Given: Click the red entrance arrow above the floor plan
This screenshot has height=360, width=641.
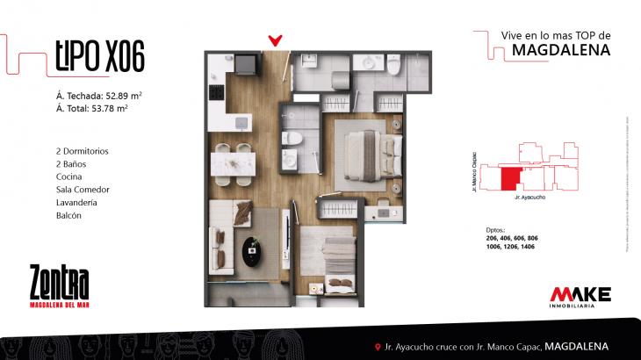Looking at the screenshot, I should [276, 40].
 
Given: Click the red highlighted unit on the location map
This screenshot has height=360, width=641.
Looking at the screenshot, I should [508, 178].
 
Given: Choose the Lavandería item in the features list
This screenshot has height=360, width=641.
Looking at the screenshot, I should [74, 202].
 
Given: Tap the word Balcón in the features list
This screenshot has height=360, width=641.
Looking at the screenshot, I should [67, 215].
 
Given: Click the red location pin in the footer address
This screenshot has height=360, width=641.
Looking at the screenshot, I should [377, 346].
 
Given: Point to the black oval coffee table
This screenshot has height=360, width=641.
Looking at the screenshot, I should [256, 251].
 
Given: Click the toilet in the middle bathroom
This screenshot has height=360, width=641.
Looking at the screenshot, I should [297, 140].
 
